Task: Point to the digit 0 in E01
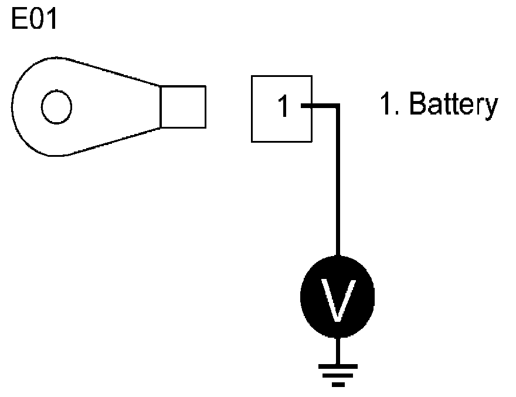(36, 21)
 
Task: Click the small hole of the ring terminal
(56, 107)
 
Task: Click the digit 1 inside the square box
(283, 107)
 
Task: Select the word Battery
(453, 105)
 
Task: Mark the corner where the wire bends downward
(337, 107)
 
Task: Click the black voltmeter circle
(337, 297)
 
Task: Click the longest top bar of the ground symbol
(337, 366)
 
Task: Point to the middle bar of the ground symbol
(337, 376)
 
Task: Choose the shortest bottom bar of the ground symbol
(337, 385)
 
